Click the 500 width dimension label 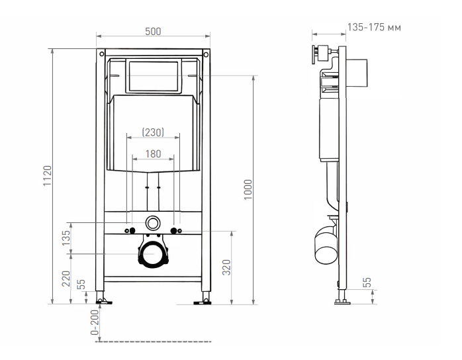tap(153, 32)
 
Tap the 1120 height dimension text tap(48, 175)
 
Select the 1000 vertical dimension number tap(248, 189)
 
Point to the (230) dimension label tap(153, 132)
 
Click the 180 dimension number tap(153, 154)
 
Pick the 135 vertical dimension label tap(66, 238)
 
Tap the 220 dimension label tap(66, 279)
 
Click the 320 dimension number tap(226, 267)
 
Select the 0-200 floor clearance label tap(95, 322)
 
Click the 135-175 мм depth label tap(374, 27)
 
